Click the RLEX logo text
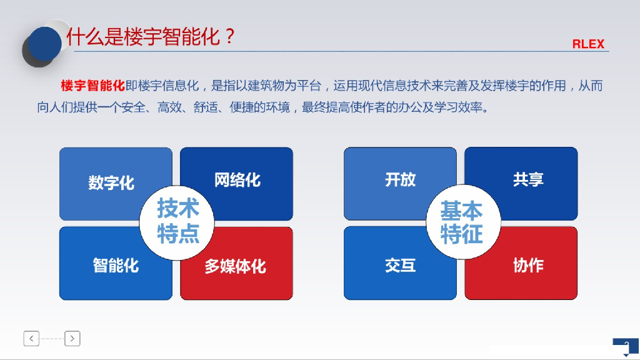[588, 44]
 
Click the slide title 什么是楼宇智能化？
[151, 36]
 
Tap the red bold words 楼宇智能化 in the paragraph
[93, 86]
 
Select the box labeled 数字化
[111, 182]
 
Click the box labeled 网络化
[237, 180]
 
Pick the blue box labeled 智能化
[116, 265]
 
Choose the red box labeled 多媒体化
[236, 266]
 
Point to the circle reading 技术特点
[178, 221]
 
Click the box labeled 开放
[400, 179]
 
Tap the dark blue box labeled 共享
[528, 179]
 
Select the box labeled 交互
[400, 265]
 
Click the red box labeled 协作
[528, 265]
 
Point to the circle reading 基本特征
[462, 222]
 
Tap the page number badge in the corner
[626, 347]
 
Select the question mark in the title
[229, 36]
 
